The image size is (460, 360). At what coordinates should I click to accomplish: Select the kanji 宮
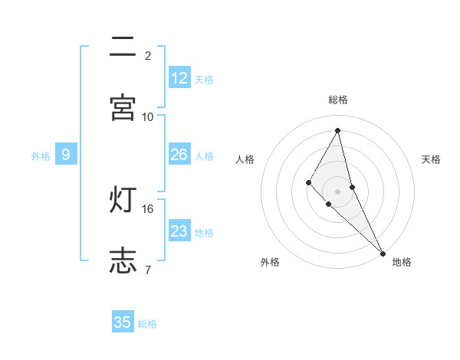(x=123, y=106)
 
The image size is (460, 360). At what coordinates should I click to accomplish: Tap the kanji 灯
(x=123, y=200)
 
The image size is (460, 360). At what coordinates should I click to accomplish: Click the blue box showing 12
(x=179, y=78)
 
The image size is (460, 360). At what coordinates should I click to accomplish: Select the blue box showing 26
(x=179, y=155)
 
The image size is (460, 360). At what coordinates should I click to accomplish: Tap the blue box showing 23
(x=179, y=231)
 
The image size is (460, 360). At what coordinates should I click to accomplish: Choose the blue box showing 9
(x=66, y=155)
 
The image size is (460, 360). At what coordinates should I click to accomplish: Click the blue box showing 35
(x=123, y=322)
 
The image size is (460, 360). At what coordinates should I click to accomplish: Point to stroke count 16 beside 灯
(x=148, y=208)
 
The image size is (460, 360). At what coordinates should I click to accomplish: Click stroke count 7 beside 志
(x=148, y=269)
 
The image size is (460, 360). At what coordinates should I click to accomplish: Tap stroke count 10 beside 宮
(x=148, y=116)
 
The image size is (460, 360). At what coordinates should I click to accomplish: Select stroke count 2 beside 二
(x=148, y=55)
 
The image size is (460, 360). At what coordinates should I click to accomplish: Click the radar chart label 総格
(x=338, y=100)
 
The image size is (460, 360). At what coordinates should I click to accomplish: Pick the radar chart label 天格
(x=432, y=159)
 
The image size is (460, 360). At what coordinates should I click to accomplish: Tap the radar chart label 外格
(x=270, y=263)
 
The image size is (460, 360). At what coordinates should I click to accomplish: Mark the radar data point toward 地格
(x=383, y=253)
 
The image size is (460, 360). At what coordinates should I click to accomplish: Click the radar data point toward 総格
(x=338, y=130)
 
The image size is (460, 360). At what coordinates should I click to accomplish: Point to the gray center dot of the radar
(x=338, y=191)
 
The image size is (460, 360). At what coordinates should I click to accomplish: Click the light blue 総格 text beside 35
(x=147, y=324)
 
